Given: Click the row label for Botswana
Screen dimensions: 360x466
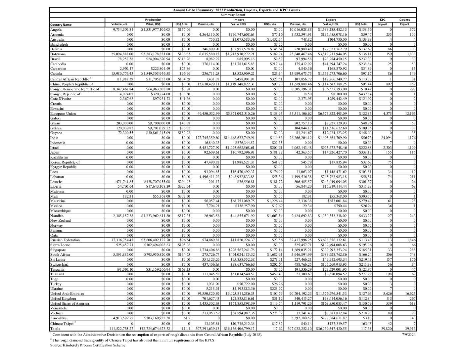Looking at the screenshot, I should click(58, 54).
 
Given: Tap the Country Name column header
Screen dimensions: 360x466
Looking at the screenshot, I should click(61, 25).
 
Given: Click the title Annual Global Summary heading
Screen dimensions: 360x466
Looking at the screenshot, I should click(236, 10).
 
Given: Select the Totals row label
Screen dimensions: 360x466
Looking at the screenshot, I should click(55, 329).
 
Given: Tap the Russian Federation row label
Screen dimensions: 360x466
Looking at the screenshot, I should click(65, 240).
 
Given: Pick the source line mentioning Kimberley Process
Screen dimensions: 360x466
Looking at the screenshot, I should click(88, 345).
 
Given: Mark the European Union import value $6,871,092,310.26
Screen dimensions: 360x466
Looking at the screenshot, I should click(240, 113).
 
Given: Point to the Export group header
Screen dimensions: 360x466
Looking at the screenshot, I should click(331, 20).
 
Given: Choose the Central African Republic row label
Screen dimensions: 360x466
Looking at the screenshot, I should click(70, 79).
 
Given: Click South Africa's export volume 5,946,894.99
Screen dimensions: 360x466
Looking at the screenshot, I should click(301, 254).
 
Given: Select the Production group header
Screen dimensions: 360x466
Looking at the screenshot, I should click(153, 20).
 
